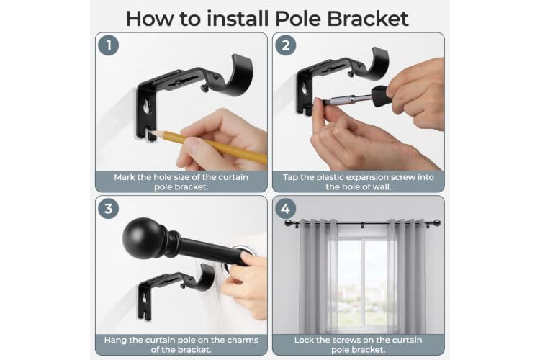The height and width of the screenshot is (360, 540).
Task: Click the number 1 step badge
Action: click(109, 45)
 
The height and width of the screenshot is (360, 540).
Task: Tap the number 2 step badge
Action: click(286, 45)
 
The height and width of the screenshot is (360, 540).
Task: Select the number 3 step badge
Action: click(109, 208)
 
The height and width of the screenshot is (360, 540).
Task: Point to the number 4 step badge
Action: click(286, 208)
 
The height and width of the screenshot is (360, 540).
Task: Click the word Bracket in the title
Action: click(367, 19)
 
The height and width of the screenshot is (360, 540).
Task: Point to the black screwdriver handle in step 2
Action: click(382, 96)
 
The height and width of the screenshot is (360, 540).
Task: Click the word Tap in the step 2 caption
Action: click(290, 177)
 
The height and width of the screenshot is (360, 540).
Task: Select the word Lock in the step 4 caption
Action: click(304, 341)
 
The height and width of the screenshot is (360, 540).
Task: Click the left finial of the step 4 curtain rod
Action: click(288, 223)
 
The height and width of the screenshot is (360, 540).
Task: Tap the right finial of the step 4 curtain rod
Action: click(437, 223)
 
